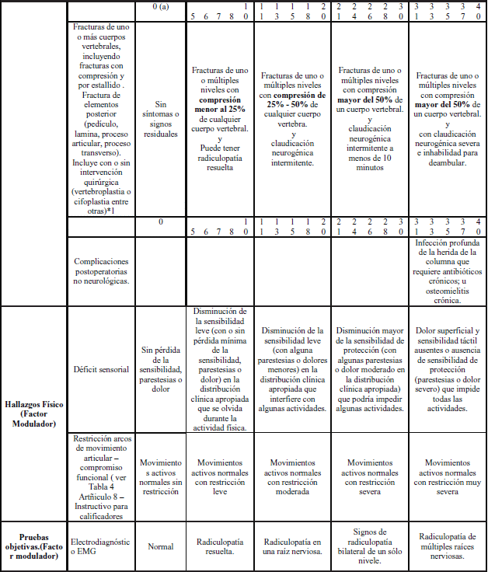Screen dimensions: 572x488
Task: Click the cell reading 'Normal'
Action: pos(160,546)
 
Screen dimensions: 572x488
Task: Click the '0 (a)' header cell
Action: pos(160,6)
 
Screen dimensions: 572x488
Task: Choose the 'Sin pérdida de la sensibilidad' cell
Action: pos(160,369)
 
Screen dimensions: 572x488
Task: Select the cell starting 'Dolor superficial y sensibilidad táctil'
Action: pos(448,369)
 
